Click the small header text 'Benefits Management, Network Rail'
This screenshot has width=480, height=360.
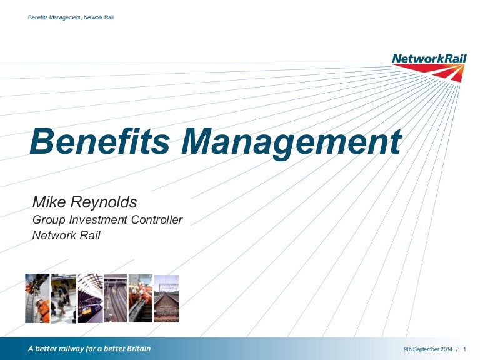click(71, 17)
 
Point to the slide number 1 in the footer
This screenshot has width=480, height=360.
click(466, 349)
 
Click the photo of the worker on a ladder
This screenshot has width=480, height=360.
click(37, 298)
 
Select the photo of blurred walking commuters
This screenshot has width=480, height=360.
click(63, 298)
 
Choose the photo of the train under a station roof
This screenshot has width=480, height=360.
click(89, 298)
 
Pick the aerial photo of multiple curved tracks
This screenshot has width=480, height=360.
click(115, 298)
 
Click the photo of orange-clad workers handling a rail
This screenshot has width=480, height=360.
click(141, 298)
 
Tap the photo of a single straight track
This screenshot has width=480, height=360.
click(166, 298)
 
